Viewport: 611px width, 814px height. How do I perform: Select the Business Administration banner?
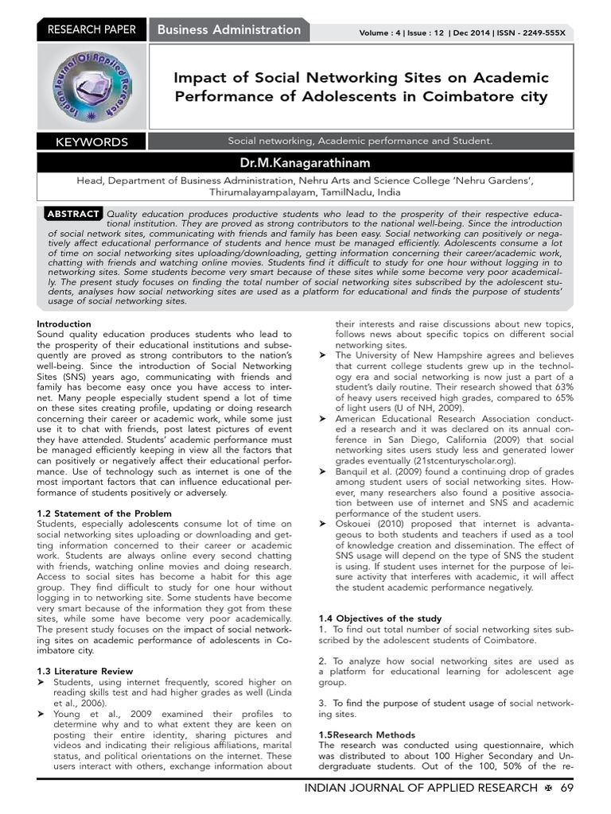pos(229,30)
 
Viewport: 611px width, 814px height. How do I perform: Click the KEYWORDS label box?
pos(91,142)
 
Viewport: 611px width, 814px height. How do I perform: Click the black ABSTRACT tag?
pos(73,214)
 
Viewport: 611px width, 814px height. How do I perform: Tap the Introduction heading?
pos(64,324)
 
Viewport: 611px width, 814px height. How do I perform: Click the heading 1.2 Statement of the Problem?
pos(104,514)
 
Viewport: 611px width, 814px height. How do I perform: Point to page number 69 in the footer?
pos(566,787)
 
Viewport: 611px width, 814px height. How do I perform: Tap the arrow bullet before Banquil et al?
pos(323,471)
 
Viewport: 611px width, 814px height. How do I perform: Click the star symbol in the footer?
pos(548,787)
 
